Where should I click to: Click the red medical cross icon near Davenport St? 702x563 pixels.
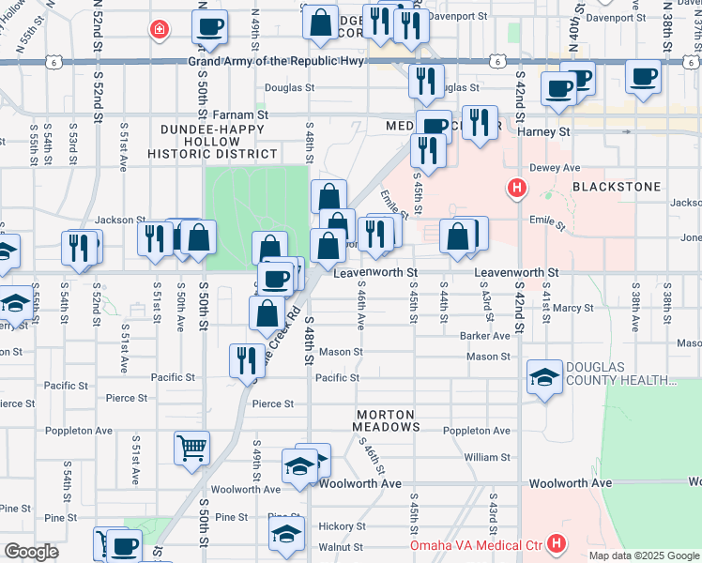(160, 29)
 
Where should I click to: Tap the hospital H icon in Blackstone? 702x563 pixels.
(515, 189)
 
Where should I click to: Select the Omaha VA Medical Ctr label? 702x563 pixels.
(475, 545)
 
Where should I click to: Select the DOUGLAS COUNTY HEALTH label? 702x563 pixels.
(620, 373)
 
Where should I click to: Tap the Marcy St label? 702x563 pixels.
(573, 307)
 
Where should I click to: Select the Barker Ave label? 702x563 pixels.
(484, 335)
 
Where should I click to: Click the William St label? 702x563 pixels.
(486, 457)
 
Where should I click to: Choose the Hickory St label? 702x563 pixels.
(341, 526)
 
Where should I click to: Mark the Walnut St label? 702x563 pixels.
(340, 546)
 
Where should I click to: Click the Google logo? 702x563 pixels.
(31, 552)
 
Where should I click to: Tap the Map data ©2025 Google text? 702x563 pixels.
(644, 555)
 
